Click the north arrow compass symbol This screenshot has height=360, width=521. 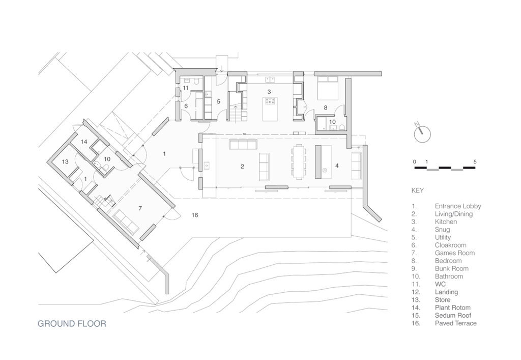(422, 133)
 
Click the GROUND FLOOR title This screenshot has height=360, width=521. (72, 324)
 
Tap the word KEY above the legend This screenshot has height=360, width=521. (418, 190)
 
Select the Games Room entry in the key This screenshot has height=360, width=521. (454, 253)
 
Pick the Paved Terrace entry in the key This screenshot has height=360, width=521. (455, 323)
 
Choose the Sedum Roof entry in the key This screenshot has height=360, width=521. (453, 316)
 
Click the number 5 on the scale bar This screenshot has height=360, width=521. (475, 162)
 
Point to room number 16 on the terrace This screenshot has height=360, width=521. (195, 215)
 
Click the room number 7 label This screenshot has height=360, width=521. (140, 208)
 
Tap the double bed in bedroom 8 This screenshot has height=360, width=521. (328, 88)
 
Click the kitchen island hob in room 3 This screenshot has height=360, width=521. (269, 101)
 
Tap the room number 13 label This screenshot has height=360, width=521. (65, 162)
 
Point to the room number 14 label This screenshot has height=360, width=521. (84, 142)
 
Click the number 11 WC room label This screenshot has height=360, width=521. (185, 88)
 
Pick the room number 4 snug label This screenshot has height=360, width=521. (337, 165)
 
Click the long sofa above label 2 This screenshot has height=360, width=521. (243, 145)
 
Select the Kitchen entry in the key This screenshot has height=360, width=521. (446, 221)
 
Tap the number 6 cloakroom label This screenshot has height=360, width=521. (186, 106)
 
